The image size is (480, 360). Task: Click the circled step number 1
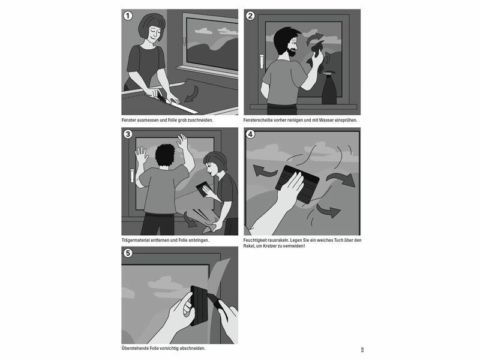point(128,16)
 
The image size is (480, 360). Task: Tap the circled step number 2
point(250,16)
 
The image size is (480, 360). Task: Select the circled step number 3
point(128,134)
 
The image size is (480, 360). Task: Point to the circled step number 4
point(250,134)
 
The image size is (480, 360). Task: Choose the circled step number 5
point(128,253)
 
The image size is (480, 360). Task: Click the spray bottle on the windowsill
point(329,88)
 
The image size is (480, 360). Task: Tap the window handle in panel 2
point(262,62)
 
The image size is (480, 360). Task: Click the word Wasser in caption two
point(326,121)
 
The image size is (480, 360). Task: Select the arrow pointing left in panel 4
point(265,171)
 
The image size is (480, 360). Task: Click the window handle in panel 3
point(132,176)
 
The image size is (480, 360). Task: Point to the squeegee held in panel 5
point(199,305)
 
